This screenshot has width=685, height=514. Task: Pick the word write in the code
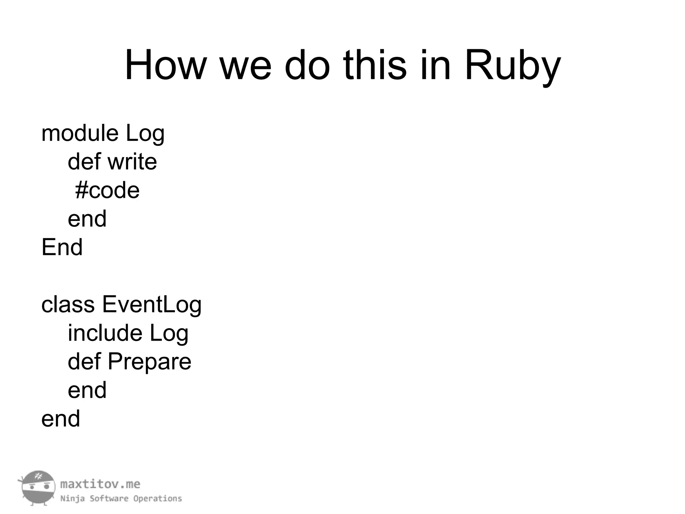point(132,162)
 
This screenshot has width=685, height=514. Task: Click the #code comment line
point(107,190)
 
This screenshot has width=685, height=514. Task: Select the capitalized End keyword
point(62,247)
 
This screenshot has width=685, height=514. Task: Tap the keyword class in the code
point(68,305)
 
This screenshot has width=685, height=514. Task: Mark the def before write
point(84,162)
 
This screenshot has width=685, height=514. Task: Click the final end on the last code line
point(61,419)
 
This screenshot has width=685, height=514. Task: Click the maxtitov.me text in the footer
point(100,484)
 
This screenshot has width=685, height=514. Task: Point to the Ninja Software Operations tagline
point(121,499)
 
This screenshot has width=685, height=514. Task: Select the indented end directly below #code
point(87,219)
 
